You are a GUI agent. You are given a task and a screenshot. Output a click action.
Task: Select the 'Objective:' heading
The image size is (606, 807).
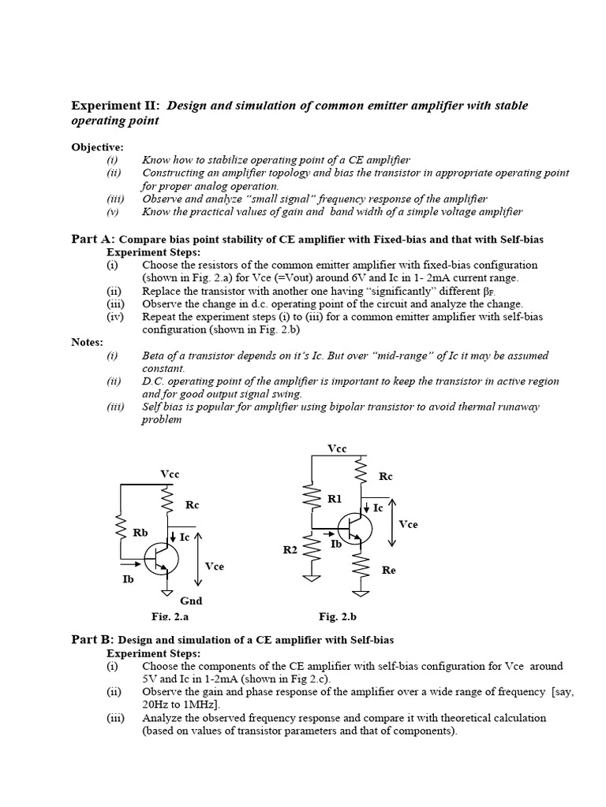pos(98,147)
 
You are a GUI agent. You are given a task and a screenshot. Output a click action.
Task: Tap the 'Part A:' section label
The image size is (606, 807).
pos(93,239)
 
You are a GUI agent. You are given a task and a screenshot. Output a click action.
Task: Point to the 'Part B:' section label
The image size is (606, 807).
pos(93,639)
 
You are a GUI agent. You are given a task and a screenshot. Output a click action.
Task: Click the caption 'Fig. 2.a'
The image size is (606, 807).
pos(170,616)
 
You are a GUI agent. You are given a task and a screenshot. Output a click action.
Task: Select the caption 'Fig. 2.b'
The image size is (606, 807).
pos(337,616)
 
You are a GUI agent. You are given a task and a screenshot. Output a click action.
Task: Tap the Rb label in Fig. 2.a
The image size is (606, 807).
pos(140,533)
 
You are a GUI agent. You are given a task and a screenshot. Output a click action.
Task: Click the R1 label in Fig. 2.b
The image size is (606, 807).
pos(335,498)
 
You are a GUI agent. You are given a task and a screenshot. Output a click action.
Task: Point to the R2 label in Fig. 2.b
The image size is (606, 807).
pos(290,549)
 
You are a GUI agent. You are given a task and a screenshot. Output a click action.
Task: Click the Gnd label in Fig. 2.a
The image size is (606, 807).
pos(191,601)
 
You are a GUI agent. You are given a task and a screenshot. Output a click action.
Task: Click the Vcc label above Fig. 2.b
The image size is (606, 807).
pos(337,448)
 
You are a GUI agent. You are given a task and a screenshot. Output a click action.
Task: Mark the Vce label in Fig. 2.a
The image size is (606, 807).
pos(214,566)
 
